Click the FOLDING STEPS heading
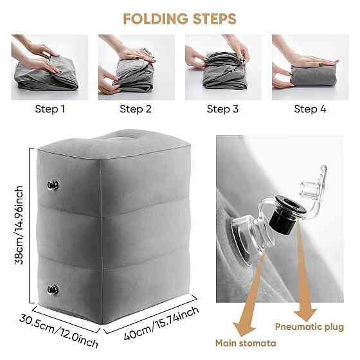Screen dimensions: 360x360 tap(179, 19)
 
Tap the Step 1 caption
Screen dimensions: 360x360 tap(50, 109)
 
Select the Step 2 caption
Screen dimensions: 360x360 tap(136, 109)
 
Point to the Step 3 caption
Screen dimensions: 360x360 tap(222, 109)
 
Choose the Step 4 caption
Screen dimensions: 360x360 tap(310, 109)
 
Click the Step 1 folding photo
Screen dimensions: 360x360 tap(50, 67)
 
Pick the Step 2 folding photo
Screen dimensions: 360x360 tap(136, 67)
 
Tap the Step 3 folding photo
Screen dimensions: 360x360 tap(224, 67)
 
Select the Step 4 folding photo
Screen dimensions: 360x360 tap(310, 67)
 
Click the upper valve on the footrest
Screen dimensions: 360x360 tap(53, 185)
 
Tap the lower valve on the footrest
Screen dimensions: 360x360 tap(53, 290)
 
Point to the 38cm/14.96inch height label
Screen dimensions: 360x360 tap(19, 225)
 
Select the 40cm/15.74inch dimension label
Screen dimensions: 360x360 tap(161, 323)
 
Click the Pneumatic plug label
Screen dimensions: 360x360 tap(309, 327)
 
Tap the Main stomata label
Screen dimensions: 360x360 tap(246, 343)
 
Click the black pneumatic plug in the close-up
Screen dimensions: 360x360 tap(287, 216)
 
